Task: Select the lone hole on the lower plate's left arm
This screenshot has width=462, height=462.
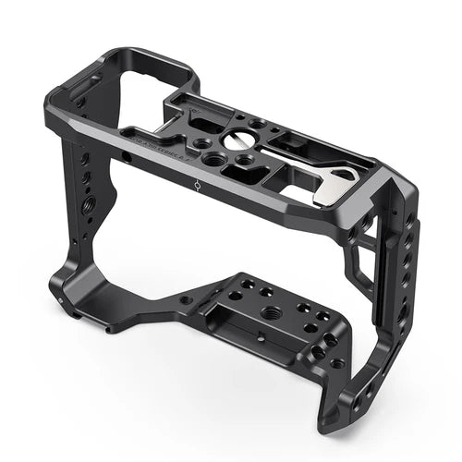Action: coord(184,300)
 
